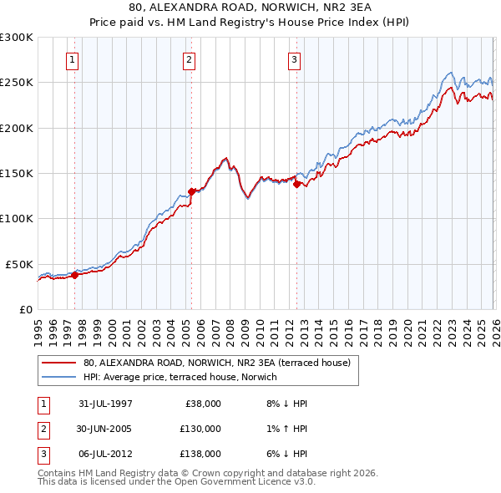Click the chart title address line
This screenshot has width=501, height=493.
pos(250,8)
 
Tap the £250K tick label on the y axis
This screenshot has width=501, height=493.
pos(17,83)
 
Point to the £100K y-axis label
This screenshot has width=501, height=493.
pos(17,218)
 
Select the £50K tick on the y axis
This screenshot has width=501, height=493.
pos(19,264)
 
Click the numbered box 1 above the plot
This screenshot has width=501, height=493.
pos(73,59)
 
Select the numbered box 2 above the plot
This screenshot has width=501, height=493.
pos(190,59)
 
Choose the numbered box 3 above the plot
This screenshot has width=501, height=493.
pos(295,59)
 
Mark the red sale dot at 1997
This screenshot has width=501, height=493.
pos(74,274)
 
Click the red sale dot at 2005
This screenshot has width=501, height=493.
pos(191,191)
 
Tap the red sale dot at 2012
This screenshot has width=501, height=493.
pos(296,185)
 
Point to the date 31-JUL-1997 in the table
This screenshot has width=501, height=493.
pos(105,404)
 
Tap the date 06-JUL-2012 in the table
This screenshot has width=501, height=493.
pos(105,454)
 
